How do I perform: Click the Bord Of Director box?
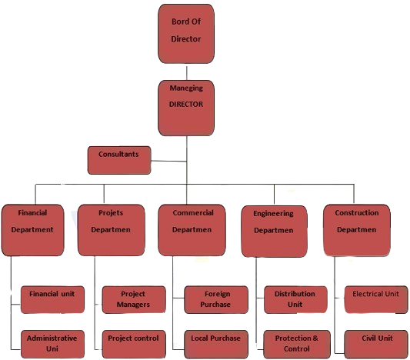coord(186,34)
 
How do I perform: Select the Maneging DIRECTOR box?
coord(186,108)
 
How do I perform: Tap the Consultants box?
coord(119,160)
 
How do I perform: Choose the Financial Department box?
coord(32,230)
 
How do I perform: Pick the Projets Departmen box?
coord(112,230)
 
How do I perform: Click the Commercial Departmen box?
coord(192,230)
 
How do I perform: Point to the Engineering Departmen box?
coord(274,232)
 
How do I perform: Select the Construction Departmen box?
coord(357,230)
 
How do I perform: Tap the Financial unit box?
coord(52,299)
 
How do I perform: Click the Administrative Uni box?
coord(52,344)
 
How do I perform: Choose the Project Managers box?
coord(134,299)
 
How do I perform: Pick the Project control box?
coord(134,344)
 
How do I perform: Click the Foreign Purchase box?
coord(216,299)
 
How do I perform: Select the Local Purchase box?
coord(216,344)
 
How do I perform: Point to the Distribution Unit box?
coord(295,299)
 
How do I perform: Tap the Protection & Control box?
coord(297,344)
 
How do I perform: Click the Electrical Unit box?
coord(376,299)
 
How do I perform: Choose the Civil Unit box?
coord(376,344)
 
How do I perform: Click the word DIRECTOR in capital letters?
coord(186,105)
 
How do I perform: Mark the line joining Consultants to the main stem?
coord(168,161)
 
